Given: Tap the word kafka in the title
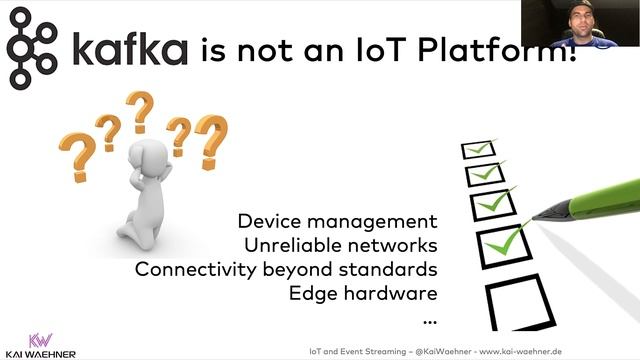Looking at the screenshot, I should [x=127, y=49].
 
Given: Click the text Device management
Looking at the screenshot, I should [x=338, y=221].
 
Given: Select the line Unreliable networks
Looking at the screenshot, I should [x=341, y=245].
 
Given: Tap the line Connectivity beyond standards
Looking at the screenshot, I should [x=286, y=269].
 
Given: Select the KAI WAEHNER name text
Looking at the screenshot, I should [x=41, y=354].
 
